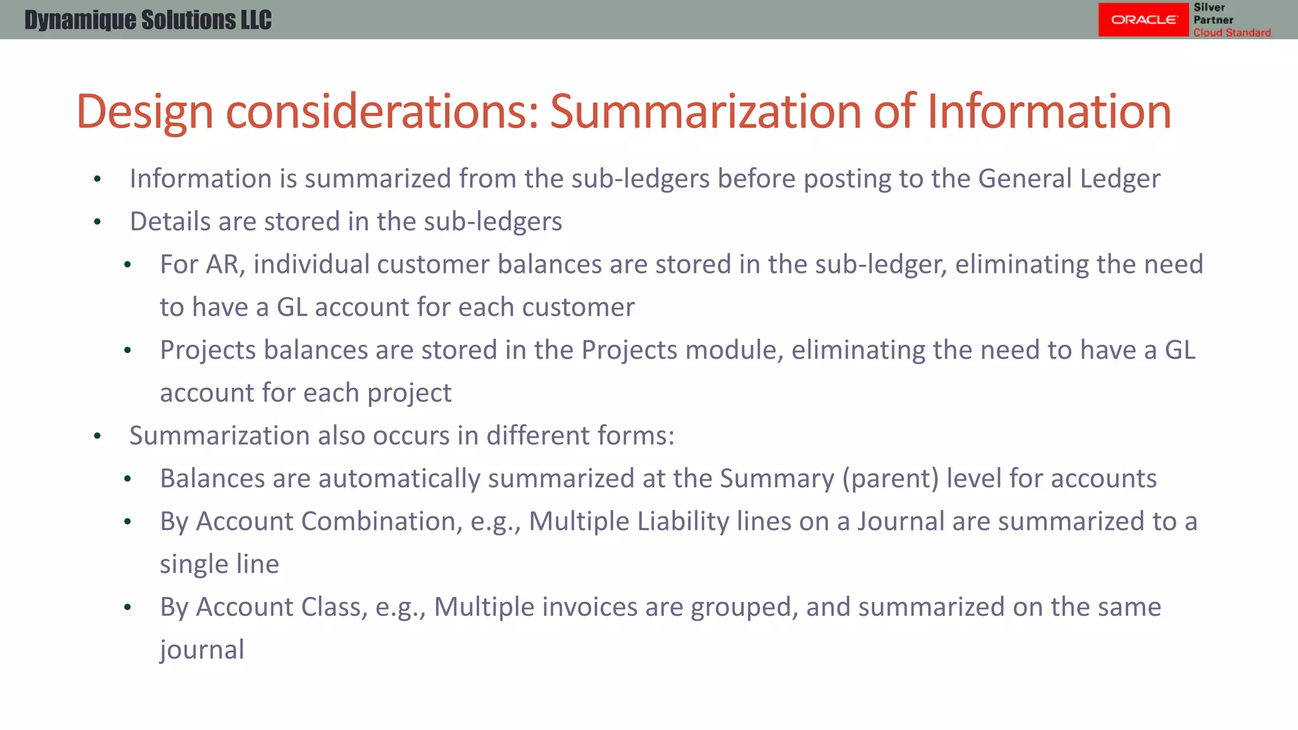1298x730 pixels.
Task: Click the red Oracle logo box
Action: [x=1143, y=20]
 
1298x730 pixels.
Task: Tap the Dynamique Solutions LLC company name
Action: [x=148, y=20]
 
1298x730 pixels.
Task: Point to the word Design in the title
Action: [x=145, y=112]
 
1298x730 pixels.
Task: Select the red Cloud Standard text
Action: [x=1231, y=32]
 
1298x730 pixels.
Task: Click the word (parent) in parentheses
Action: [x=890, y=478]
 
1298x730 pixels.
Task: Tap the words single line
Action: [x=219, y=564]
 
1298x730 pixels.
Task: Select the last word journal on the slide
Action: [x=202, y=650]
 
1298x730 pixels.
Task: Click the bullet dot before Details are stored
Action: [x=97, y=222]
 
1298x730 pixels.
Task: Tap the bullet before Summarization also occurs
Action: [x=97, y=437]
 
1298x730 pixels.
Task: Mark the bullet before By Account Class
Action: [x=127, y=608]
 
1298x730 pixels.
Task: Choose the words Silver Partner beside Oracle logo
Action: [x=1212, y=13]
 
